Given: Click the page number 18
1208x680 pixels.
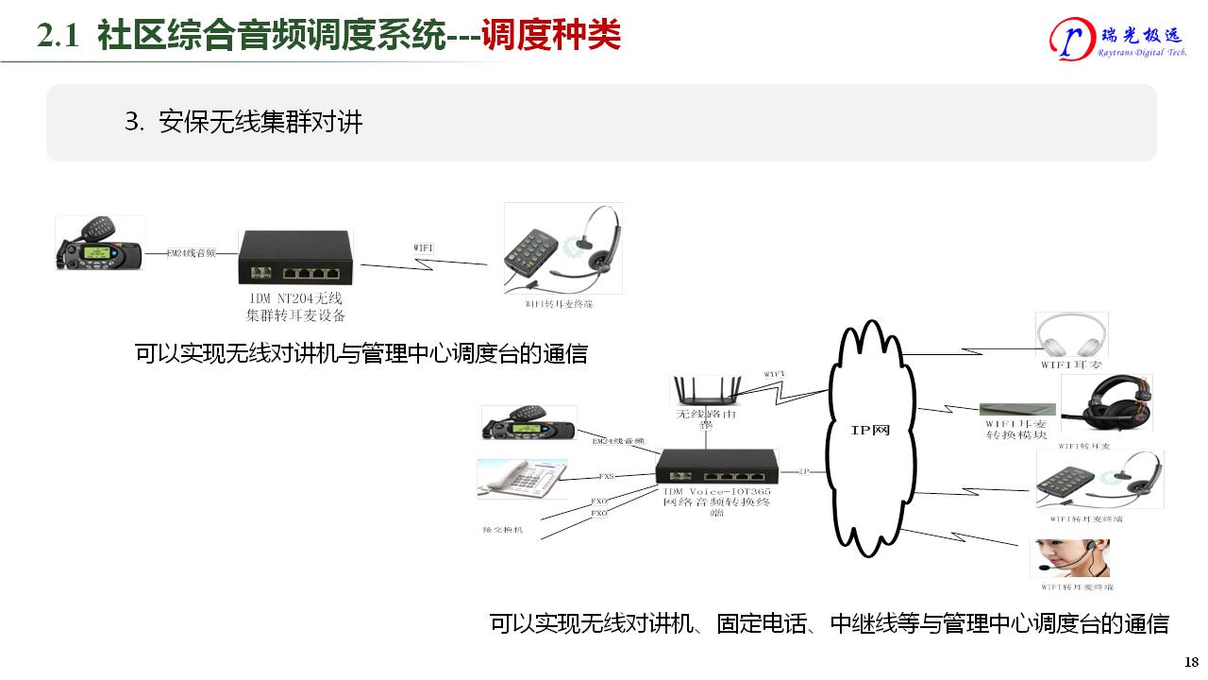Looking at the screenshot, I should tap(1191, 661).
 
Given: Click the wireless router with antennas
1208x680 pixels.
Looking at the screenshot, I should tap(704, 390).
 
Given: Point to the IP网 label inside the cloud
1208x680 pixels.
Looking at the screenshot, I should tap(869, 431).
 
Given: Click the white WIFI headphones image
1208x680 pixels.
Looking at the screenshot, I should tap(1071, 335).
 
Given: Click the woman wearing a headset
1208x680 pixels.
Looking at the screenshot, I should tap(1069, 558).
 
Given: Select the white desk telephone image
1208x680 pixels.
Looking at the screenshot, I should tap(521, 479).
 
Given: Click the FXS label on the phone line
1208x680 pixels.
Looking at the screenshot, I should tap(607, 477).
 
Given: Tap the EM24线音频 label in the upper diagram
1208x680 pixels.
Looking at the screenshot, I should tap(192, 253).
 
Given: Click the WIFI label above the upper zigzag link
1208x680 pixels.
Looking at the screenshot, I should tap(424, 247).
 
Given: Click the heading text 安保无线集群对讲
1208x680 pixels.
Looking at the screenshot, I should tap(260, 123).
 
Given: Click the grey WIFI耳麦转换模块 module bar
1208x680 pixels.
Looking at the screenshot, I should tap(1016, 409).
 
